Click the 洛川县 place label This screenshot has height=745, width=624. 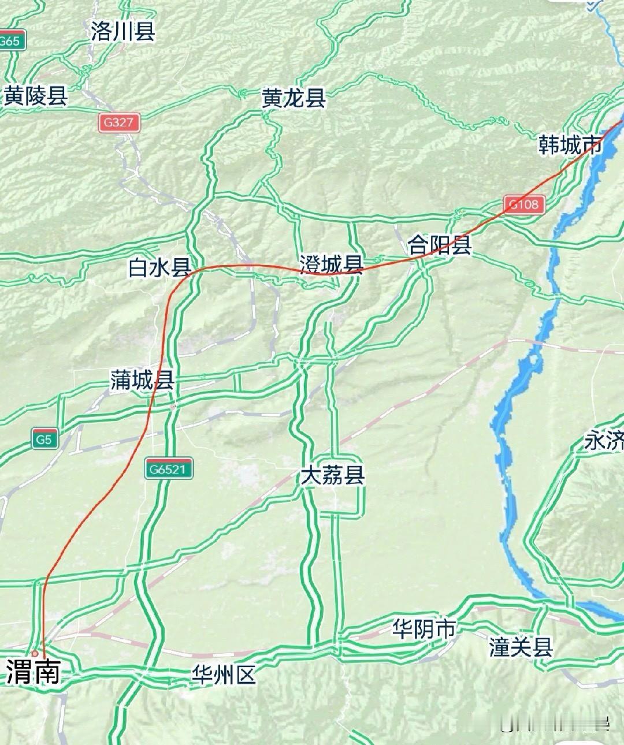(x=123, y=31)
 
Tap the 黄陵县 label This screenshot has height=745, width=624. (x=36, y=96)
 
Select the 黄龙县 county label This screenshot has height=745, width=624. (x=294, y=98)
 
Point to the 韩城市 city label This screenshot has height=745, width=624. (x=570, y=144)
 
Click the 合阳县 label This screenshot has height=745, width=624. (x=440, y=245)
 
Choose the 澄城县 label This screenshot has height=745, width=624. (x=331, y=265)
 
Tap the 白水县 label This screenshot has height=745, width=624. (x=159, y=267)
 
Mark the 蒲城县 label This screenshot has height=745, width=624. (x=142, y=380)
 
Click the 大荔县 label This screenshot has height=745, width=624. (x=332, y=476)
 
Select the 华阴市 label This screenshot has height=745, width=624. (x=424, y=629)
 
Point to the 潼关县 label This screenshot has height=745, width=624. (x=521, y=647)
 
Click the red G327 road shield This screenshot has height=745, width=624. (x=119, y=122)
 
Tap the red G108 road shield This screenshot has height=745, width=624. (x=524, y=204)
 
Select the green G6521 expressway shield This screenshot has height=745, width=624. (x=169, y=469)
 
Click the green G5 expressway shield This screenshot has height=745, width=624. (x=44, y=439)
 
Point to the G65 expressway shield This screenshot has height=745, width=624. (x=10, y=42)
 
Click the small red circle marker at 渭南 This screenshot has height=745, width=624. (x=35, y=653)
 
